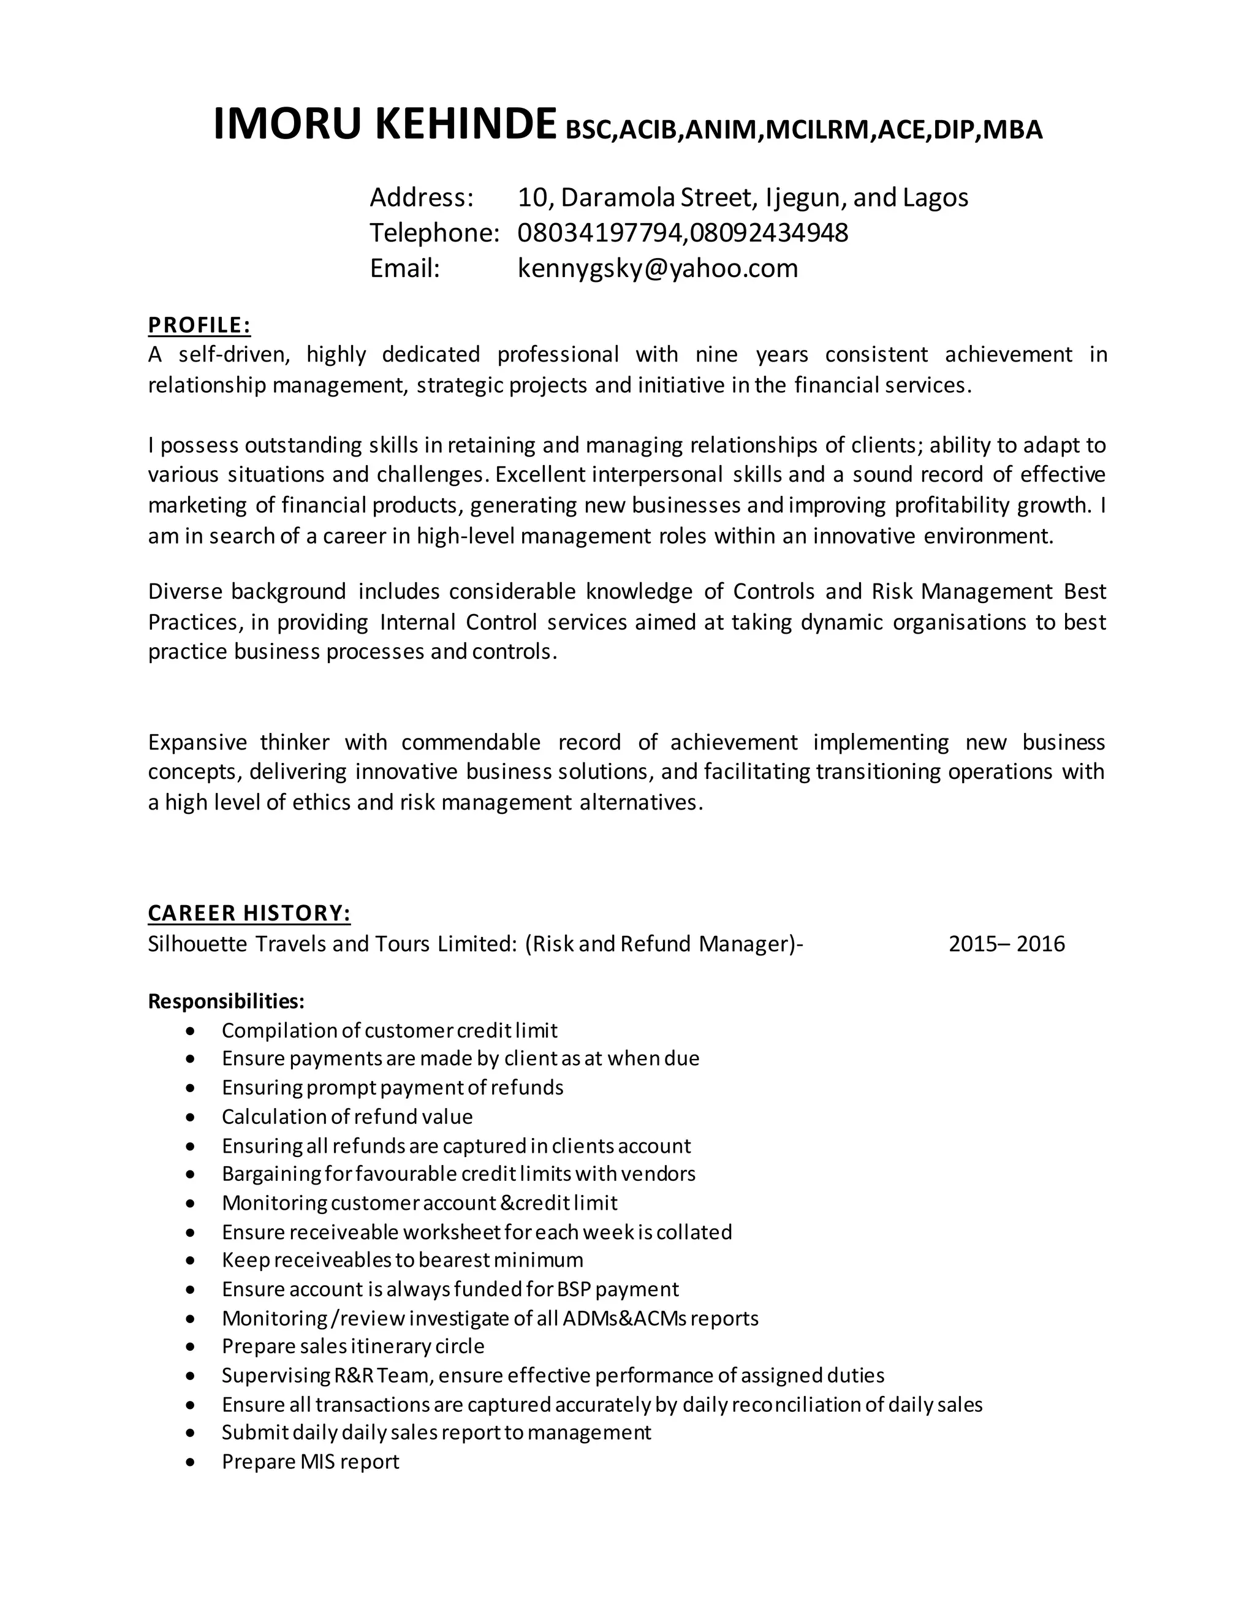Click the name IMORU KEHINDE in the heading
click(x=384, y=124)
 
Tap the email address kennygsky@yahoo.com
click(x=658, y=268)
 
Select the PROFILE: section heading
click(x=199, y=325)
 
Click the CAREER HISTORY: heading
click(x=249, y=913)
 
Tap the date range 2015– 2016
click(x=1006, y=944)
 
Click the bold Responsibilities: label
click(x=226, y=1001)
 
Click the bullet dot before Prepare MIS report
click(x=192, y=1462)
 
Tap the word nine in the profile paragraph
click(x=716, y=354)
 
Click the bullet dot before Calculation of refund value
click(x=192, y=1117)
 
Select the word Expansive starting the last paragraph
click(x=195, y=742)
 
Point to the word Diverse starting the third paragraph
click(x=184, y=591)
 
